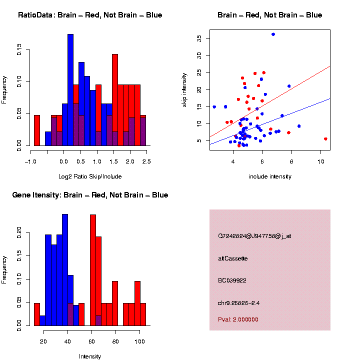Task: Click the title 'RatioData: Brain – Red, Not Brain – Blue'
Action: click(x=90, y=15)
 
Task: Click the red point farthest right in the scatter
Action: click(x=325, y=139)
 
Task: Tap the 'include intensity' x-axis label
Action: click(x=270, y=176)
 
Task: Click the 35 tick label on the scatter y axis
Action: click(x=199, y=38)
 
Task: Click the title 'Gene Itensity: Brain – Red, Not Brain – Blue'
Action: click(x=90, y=195)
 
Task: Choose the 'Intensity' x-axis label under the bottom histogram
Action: click(x=90, y=356)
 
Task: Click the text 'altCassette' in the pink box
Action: click(x=233, y=258)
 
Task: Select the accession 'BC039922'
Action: click(x=232, y=280)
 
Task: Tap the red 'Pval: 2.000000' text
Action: click(x=238, y=319)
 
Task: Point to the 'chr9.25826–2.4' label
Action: click(x=238, y=303)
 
